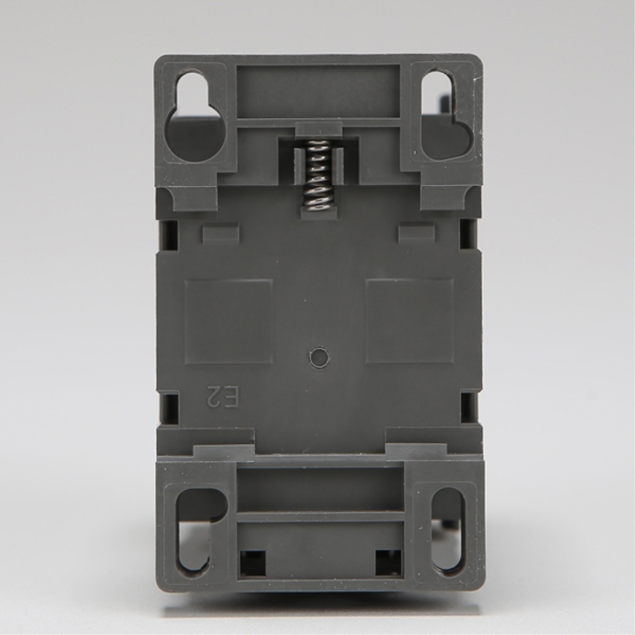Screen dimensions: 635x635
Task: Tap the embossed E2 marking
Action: pyautogui.click(x=222, y=397)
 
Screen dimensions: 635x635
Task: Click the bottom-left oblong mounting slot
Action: pyautogui.click(x=196, y=530)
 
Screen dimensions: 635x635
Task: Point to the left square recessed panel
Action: pyautogui.click(x=229, y=321)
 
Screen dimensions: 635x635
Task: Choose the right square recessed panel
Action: pyautogui.click(x=409, y=321)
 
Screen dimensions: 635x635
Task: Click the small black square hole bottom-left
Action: pyautogui.click(x=253, y=562)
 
